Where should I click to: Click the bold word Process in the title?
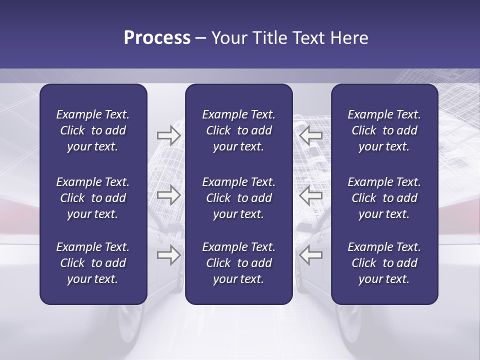click(x=157, y=38)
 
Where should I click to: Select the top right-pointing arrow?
click(x=168, y=135)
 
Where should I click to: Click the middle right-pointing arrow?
click(x=168, y=195)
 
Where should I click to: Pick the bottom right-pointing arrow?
click(x=168, y=255)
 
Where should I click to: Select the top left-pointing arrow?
click(x=310, y=135)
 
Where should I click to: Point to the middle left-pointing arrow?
click(x=310, y=195)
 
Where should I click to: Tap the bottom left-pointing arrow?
click(x=310, y=255)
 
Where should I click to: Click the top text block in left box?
click(x=93, y=130)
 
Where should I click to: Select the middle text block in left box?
click(x=93, y=198)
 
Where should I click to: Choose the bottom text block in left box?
click(x=93, y=263)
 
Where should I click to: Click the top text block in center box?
click(x=238, y=130)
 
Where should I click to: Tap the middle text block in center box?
click(x=238, y=198)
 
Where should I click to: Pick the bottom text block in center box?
click(x=238, y=263)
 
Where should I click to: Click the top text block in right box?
click(x=384, y=130)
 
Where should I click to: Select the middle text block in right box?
click(x=384, y=198)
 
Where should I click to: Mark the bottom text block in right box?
click(x=384, y=263)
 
